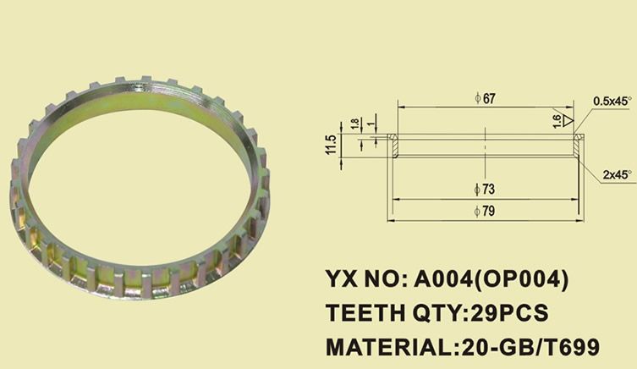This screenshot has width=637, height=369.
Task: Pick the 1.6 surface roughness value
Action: point(556,121)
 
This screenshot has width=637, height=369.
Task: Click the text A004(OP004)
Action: point(489,279)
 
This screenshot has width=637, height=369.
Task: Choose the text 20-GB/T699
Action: point(530,347)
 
